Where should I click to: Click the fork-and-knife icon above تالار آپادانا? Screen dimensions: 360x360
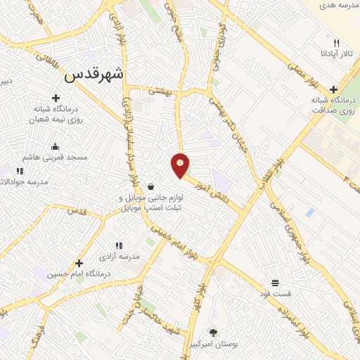(336, 43)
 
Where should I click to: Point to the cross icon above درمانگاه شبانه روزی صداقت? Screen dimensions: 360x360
(333, 89)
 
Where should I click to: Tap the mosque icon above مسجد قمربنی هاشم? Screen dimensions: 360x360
(54, 146)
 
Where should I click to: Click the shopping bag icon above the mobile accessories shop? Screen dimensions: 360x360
(151, 186)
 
